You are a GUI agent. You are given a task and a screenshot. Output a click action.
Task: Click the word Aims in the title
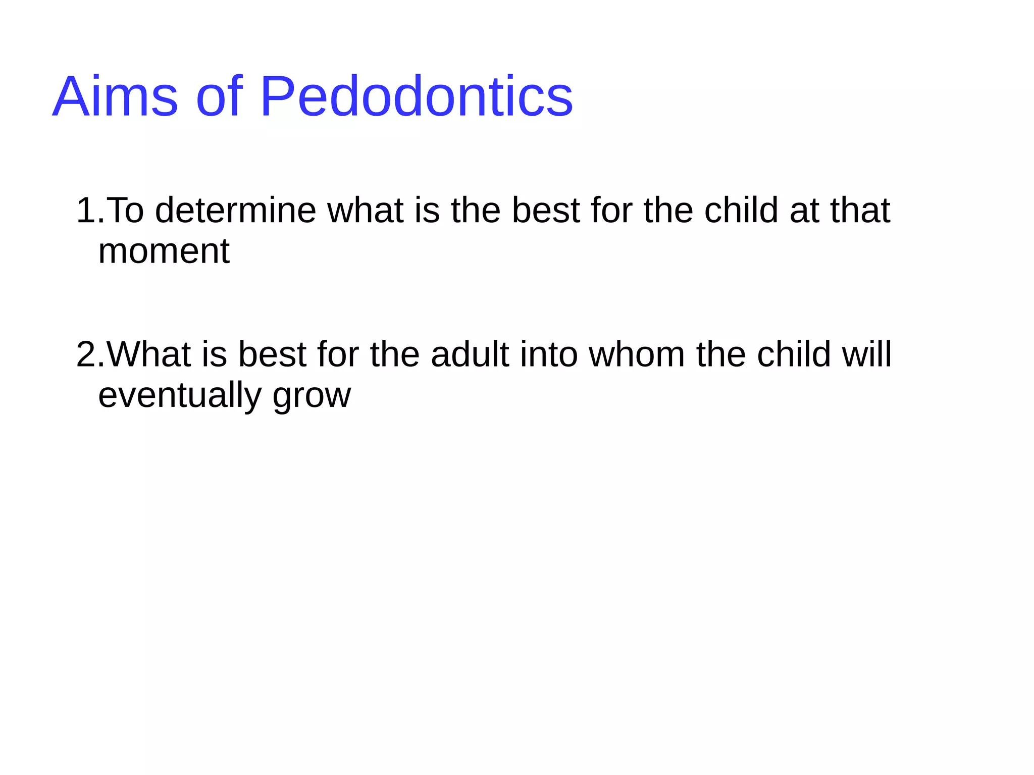pos(115,96)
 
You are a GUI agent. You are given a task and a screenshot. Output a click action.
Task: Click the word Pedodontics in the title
pos(416,96)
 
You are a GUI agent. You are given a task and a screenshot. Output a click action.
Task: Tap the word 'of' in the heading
pos(219,96)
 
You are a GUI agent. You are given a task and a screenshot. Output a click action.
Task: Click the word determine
pos(235,210)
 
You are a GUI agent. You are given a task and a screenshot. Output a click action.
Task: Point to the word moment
pos(164,251)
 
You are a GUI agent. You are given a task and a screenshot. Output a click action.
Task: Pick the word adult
pos(470,354)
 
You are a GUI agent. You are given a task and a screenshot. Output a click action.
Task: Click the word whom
pos(637,354)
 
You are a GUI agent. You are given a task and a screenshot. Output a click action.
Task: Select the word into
pos(549,354)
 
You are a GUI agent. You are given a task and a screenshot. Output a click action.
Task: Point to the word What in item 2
pos(149,354)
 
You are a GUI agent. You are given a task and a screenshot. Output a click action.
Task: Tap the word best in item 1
pos(545,210)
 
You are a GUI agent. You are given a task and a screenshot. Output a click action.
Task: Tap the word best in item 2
pos(272,354)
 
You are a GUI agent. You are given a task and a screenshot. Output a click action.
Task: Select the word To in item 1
pos(125,210)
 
